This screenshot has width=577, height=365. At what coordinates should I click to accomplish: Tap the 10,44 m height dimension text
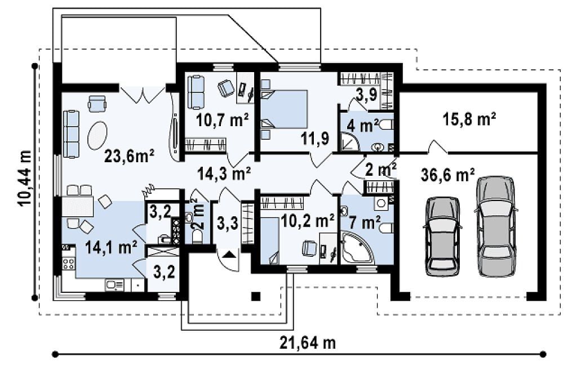(x=25, y=180)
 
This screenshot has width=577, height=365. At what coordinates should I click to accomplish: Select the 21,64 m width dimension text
(x=308, y=343)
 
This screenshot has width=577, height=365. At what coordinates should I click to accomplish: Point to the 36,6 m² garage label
(x=447, y=175)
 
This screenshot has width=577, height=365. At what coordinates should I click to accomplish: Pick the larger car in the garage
(x=495, y=226)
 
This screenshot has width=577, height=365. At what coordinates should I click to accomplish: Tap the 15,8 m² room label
(x=469, y=119)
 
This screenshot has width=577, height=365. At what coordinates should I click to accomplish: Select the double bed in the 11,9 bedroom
(x=284, y=109)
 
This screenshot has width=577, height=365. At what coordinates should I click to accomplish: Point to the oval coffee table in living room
(x=97, y=135)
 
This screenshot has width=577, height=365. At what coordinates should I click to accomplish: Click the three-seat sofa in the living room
(x=71, y=134)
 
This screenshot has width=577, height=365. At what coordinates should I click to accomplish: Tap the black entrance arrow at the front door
(x=229, y=254)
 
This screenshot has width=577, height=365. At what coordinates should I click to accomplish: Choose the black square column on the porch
(x=256, y=296)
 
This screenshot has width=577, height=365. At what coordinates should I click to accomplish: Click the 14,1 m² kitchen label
(x=111, y=247)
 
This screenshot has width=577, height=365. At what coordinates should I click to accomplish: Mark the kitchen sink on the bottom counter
(x=115, y=285)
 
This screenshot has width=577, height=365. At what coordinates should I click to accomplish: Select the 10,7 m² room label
(x=223, y=119)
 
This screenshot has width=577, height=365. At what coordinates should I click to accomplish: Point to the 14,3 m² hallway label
(x=224, y=173)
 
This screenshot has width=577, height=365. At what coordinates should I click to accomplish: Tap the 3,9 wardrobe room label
(x=366, y=95)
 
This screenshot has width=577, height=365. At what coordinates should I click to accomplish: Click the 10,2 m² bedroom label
(x=307, y=221)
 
